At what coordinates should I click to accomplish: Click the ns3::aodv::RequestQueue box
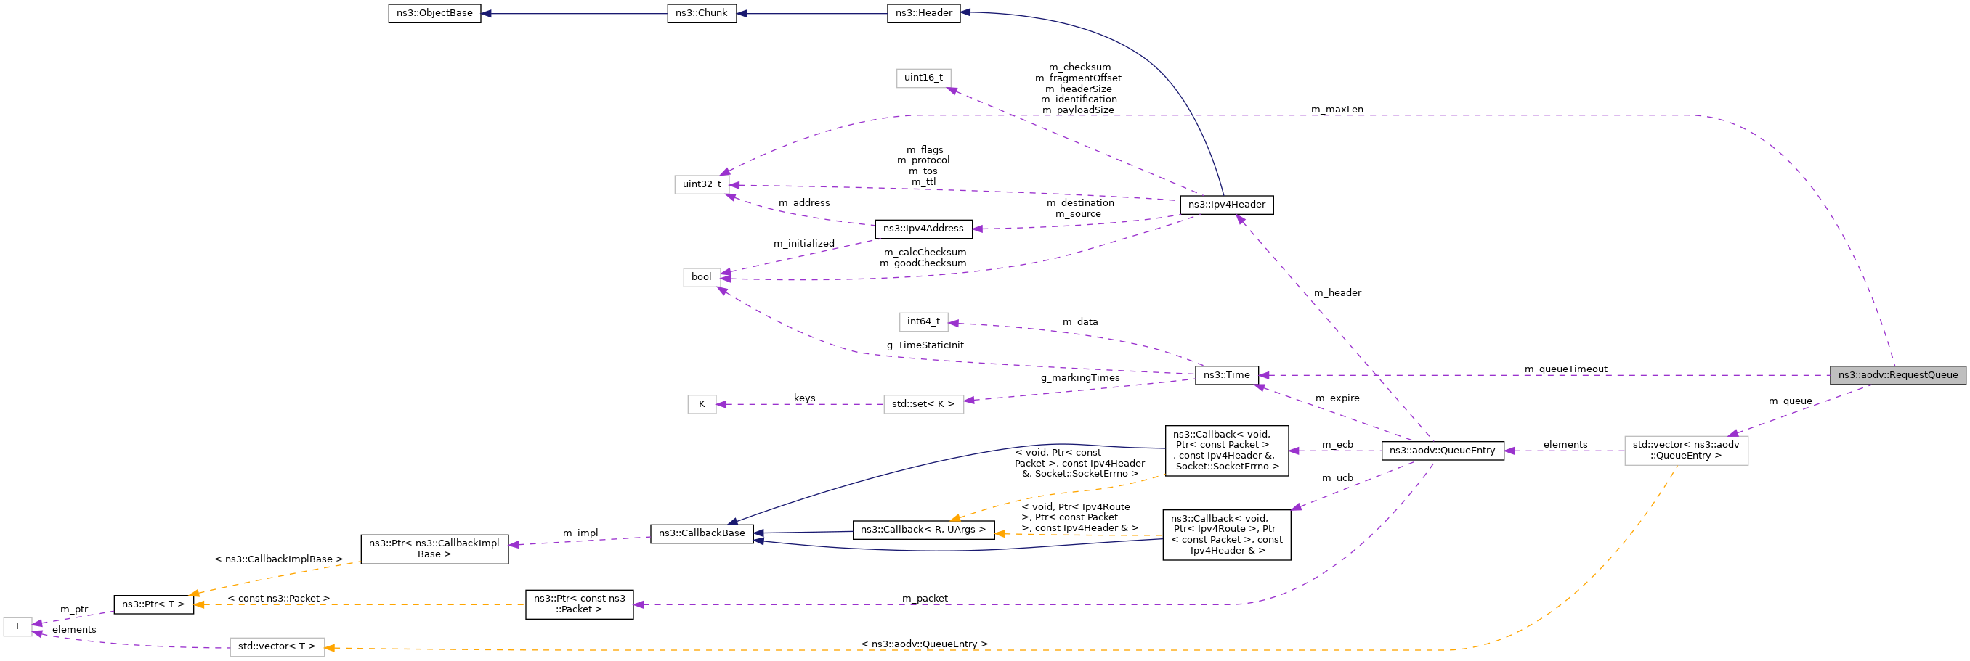point(1897,375)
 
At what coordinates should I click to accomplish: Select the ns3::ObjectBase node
point(434,14)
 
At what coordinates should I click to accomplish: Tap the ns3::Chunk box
point(701,14)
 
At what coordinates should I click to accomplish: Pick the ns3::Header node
point(923,14)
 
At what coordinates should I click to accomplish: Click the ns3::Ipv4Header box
point(1226,205)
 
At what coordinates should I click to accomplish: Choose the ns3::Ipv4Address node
point(923,229)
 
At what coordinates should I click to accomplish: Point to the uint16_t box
point(923,78)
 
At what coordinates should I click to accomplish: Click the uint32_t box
point(701,184)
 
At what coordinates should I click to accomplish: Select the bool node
point(701,277)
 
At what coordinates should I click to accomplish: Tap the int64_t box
point(923,321)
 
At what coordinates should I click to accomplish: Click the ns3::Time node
point(1226,375)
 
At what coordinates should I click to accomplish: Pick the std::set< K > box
point(923,404)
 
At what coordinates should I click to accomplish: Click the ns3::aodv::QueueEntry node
point(1442,451)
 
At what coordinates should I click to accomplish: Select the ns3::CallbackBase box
point(701,533)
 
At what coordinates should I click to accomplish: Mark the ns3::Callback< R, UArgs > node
point(923,530)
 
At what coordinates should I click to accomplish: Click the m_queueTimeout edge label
point(1565,369)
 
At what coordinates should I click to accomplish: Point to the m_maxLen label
point(1337,110)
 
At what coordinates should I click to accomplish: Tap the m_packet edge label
point(925,599)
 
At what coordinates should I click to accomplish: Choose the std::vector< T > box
point(277,646)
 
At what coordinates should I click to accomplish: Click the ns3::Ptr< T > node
point(153,604)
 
